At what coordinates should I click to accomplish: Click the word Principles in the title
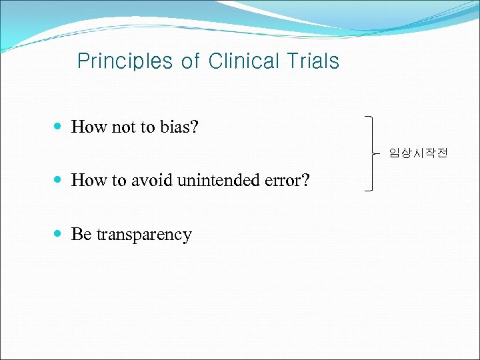[125, 61]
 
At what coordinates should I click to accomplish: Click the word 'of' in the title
[190, 61]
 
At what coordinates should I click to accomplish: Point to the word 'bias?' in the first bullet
[179, 127]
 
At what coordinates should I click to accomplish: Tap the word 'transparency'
[144, 235]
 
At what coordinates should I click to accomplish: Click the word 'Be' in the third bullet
[81, 234]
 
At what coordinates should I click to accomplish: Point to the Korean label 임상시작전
[419, 153]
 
